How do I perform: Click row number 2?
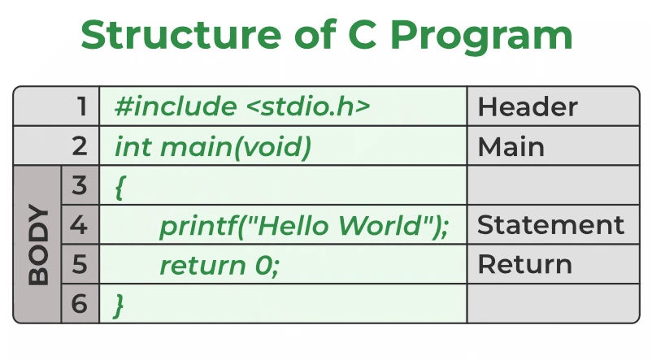79,146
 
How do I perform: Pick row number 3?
79,185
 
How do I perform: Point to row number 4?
79,225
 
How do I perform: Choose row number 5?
79,264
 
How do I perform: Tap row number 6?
79,304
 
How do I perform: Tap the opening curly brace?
120,187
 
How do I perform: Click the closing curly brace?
120,305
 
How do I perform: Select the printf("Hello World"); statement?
303,226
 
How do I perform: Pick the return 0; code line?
219,265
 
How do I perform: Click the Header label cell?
528,106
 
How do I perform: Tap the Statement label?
550,225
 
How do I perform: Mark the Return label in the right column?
524,265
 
